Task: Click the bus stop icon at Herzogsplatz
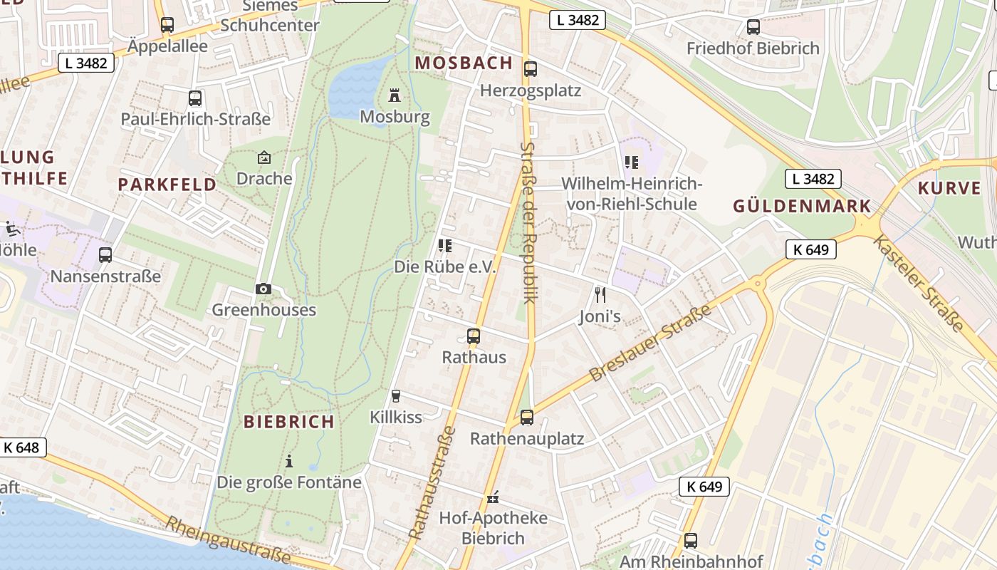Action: [530, 69]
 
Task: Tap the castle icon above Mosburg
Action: [394, 95]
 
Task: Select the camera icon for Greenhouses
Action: [263, 289]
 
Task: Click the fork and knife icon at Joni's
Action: [600, 294]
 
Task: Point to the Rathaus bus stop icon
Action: [474, 336]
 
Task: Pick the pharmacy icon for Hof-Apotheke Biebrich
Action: [492, 497]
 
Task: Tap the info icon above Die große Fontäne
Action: [289, 461]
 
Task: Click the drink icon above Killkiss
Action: [396, 395]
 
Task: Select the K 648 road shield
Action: [22, 447]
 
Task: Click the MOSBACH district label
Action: [464, 63]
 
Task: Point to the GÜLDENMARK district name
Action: [802, 207]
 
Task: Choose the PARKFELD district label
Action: [167, 185]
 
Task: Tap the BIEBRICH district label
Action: [289, 422]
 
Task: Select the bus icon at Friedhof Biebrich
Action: [753, 27]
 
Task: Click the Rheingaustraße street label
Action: [228, 539]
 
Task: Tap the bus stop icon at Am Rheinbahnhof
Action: [690, 540]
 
